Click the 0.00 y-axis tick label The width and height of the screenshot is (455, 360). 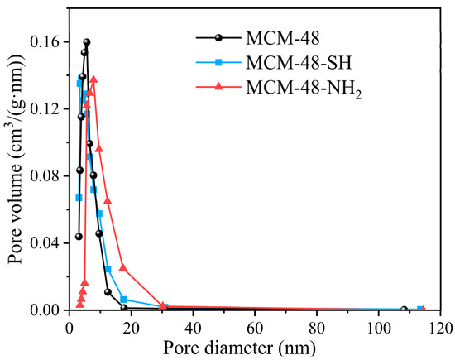[48, 310]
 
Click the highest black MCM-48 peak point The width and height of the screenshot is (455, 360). [86, 41]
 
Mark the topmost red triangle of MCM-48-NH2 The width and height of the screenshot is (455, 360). [93, 79]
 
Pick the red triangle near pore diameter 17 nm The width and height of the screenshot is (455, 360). [122, 267]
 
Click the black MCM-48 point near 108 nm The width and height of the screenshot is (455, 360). [404, 310]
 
